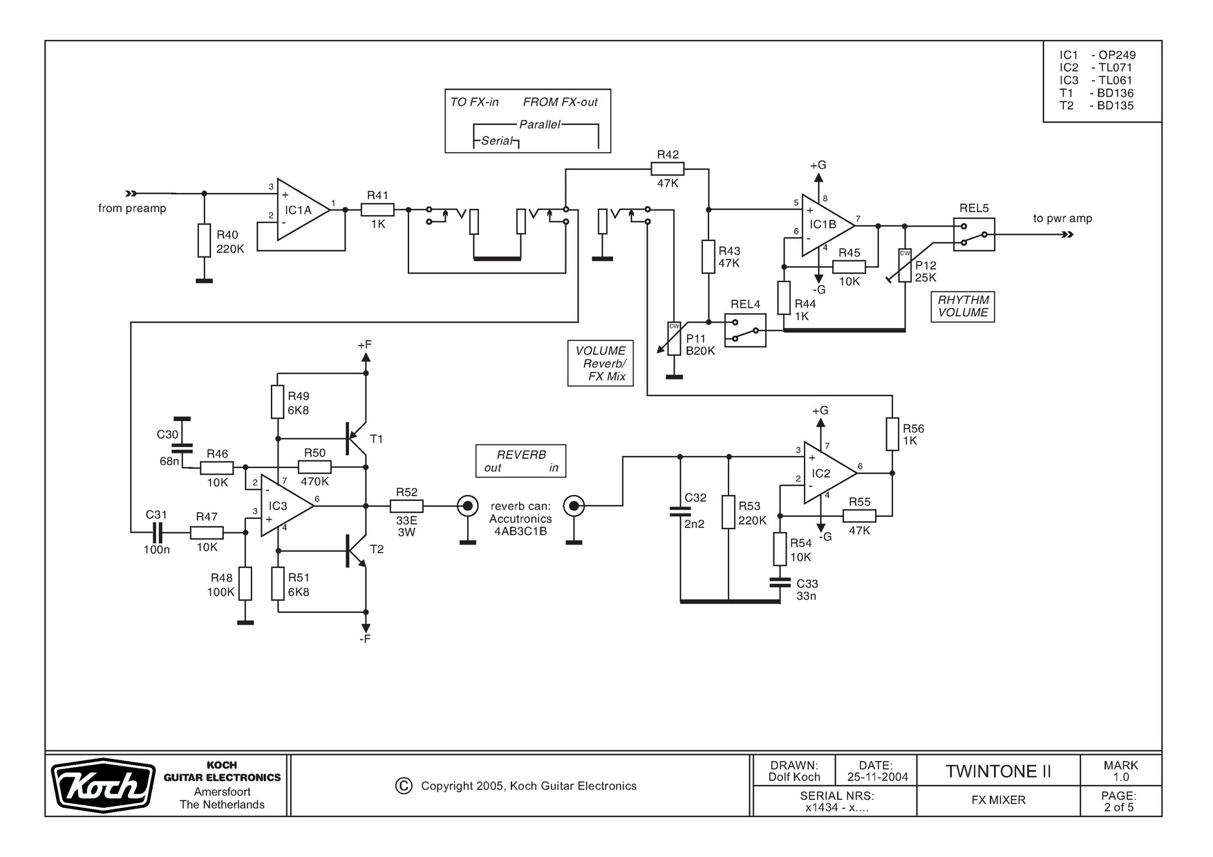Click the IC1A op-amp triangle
(301, 209)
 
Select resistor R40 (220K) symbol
(204, 241)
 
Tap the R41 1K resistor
(377, 209)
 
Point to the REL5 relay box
(974, 234)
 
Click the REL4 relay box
(745, 330)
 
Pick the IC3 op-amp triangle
(283, 507)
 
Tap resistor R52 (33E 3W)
(406, 506)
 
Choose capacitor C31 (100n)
(158, 532)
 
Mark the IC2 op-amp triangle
(826, 473)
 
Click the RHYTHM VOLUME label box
(963, 306)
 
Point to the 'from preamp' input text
(132, 208)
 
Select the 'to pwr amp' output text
(1062, 218)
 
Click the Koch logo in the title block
(104, 787)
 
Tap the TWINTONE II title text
(998, 771)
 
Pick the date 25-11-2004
(877, 777)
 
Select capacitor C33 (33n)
(780, 582)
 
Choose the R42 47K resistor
(668, 169)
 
